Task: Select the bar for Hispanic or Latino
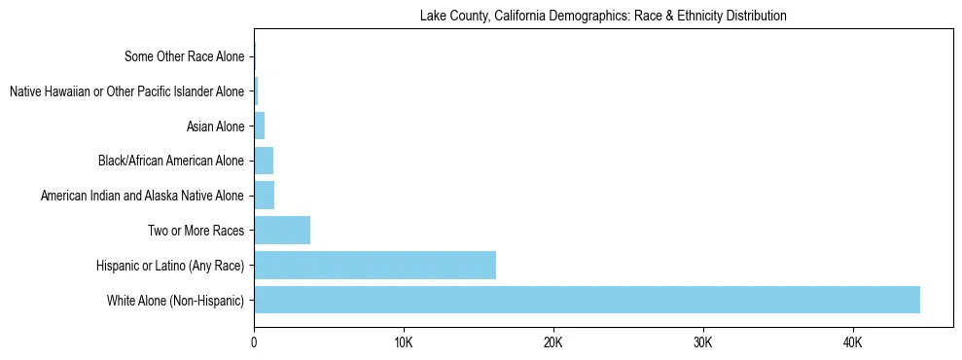[x=374, y=265]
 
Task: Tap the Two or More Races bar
[x=282, y=231]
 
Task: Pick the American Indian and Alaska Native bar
[x=264, y=196]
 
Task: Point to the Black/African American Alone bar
[x=264, y=161]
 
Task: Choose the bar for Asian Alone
[x=260, y=126]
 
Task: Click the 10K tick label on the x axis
[x=404, y=343]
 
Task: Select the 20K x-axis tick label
[x=552, y=343]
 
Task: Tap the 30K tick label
[x=702, y=343]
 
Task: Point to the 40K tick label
[x=852, y=343]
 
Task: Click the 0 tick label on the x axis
[x=254, y=343]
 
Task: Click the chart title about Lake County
[x=603, y=16]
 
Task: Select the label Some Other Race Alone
[x=184, y=56]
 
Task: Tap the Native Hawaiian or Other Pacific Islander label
[x=126, y=91]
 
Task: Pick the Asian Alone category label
[x=215, y=126]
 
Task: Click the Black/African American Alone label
[x=171, y=161]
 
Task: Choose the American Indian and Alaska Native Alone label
[x=142, y=196]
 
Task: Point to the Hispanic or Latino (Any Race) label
[x=170, y=265]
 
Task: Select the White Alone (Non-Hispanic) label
[x=175, y=300]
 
